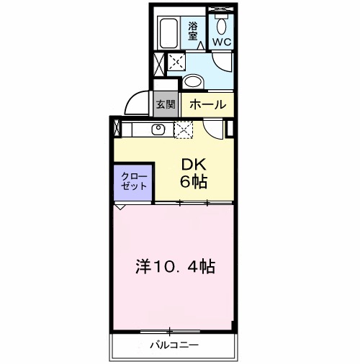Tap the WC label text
pyautogui.click(x=220, y=42)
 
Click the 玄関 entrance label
pyautogui.click(x=166, y=104)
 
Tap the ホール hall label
pyautogui.click(x=208, y=104)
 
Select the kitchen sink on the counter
pyautogui.click(x=158, y=129)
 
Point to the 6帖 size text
pyautogui.click(x=193, y=182)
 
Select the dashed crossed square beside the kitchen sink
pyautogui.click(x=184, y=130)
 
